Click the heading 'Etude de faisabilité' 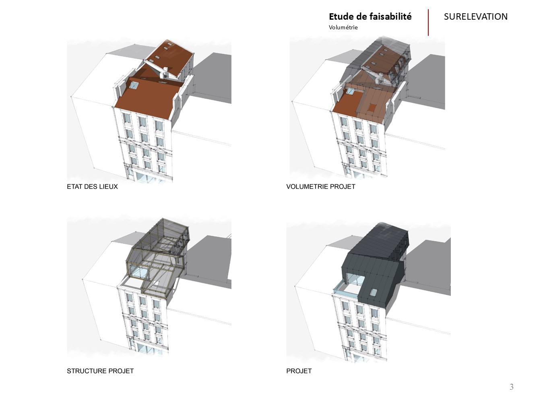[370, 16]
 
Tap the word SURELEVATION [475, 17]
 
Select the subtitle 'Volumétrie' [343, 27]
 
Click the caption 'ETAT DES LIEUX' [92, 187]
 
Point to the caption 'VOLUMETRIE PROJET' [321, 187]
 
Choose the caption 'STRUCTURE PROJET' [100, 371]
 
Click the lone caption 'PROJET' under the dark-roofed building [299, 371]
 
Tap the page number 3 [512, 387]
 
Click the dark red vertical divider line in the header [428, 22]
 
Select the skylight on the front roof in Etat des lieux [134, 85]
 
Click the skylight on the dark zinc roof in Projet [373, 292]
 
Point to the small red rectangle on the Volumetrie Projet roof [372, 108]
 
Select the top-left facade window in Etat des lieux [127, 118]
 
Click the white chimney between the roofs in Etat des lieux [164, 72]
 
